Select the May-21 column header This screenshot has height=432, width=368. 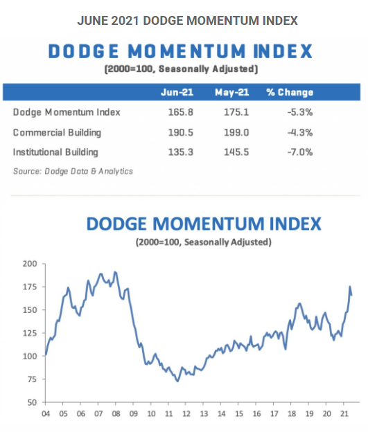231,92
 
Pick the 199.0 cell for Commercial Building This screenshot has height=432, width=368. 231,132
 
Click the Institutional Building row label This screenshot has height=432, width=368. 55,152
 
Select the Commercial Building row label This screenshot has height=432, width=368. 57,132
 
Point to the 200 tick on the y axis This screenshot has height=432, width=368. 30,264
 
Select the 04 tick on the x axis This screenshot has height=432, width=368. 45,414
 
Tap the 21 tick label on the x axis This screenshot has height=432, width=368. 344,414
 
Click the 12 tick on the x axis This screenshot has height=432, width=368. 186,414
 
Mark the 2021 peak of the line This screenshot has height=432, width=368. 350,287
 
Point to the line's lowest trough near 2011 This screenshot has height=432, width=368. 177,381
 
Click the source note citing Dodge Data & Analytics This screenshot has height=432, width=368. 73,171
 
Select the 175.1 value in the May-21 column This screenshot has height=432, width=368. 231,112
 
